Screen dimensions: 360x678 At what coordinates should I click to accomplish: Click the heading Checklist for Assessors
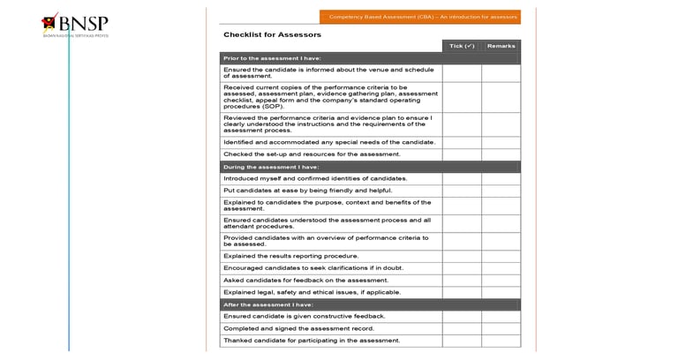(272, 35)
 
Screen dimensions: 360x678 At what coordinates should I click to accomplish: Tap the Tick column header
(462, 46)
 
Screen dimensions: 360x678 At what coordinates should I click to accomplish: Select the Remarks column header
(501, 46)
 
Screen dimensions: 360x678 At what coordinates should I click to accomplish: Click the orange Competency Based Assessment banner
(420, 17)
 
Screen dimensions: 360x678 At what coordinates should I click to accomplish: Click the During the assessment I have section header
(271, 167)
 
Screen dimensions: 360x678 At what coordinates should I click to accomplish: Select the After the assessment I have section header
(267, 304)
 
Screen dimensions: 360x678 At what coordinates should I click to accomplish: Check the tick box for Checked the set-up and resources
(462, 154)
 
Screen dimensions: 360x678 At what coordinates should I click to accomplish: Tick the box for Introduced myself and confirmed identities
(462, 178)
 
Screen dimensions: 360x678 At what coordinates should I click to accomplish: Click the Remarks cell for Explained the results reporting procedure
(501, 256)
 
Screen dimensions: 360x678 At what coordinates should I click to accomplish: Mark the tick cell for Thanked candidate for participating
(462, 341)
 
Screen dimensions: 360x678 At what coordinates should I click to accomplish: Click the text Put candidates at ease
(307, 191)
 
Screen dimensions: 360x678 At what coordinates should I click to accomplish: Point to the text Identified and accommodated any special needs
(329, 142)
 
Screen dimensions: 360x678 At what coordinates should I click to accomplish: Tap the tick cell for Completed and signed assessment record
(462, 328)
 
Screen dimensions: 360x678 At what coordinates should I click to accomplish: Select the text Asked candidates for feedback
(305, 281)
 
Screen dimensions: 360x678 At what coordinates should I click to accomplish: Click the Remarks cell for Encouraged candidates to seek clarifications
(501, 268)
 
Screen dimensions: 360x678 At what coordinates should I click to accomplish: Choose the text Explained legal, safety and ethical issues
(312, 292)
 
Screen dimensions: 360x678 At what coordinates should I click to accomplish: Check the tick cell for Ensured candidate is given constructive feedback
(462, 316)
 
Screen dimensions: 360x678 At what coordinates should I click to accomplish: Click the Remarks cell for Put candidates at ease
(501, 191)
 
